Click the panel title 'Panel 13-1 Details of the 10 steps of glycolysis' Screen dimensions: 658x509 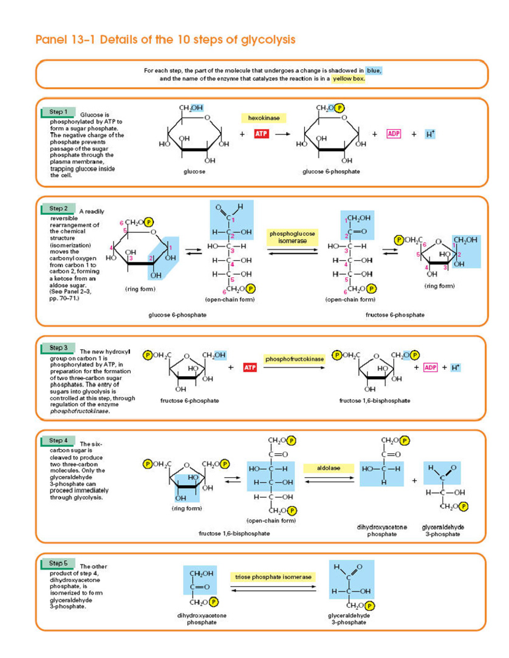(x=165, y=40)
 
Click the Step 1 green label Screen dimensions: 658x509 (x=58, y=112)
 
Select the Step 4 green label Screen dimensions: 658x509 (x=58, y=441)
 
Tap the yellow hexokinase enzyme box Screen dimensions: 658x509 (x=263, y=118)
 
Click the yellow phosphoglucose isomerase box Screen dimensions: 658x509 (x=292, y=237)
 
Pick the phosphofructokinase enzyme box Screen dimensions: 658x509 (x=294, y=359)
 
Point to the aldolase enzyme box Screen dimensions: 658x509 (x=328, y=468)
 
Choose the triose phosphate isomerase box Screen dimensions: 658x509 (x=273, y=577)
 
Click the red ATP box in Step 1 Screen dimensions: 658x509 (x=261, y=134)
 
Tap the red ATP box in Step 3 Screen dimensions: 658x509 (x=250, y=367)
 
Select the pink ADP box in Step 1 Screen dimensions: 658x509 (x=394, y=134)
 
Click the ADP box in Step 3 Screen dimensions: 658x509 (x=430, y=367)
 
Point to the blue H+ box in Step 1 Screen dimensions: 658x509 (x=430, y=134)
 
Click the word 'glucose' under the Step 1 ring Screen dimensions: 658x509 (x=194, y=172)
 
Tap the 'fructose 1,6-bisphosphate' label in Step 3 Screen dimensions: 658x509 (x=375, y=400)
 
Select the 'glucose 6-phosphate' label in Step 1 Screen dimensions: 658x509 (x=331, y=172)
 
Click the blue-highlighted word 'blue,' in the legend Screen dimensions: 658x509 (x=374, y=71)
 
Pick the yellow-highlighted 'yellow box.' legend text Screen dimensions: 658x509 (x=348, y=78)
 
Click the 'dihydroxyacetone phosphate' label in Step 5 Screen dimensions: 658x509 (x=201, y=619)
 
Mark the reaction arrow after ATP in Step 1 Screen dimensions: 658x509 (x=282, y=134)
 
